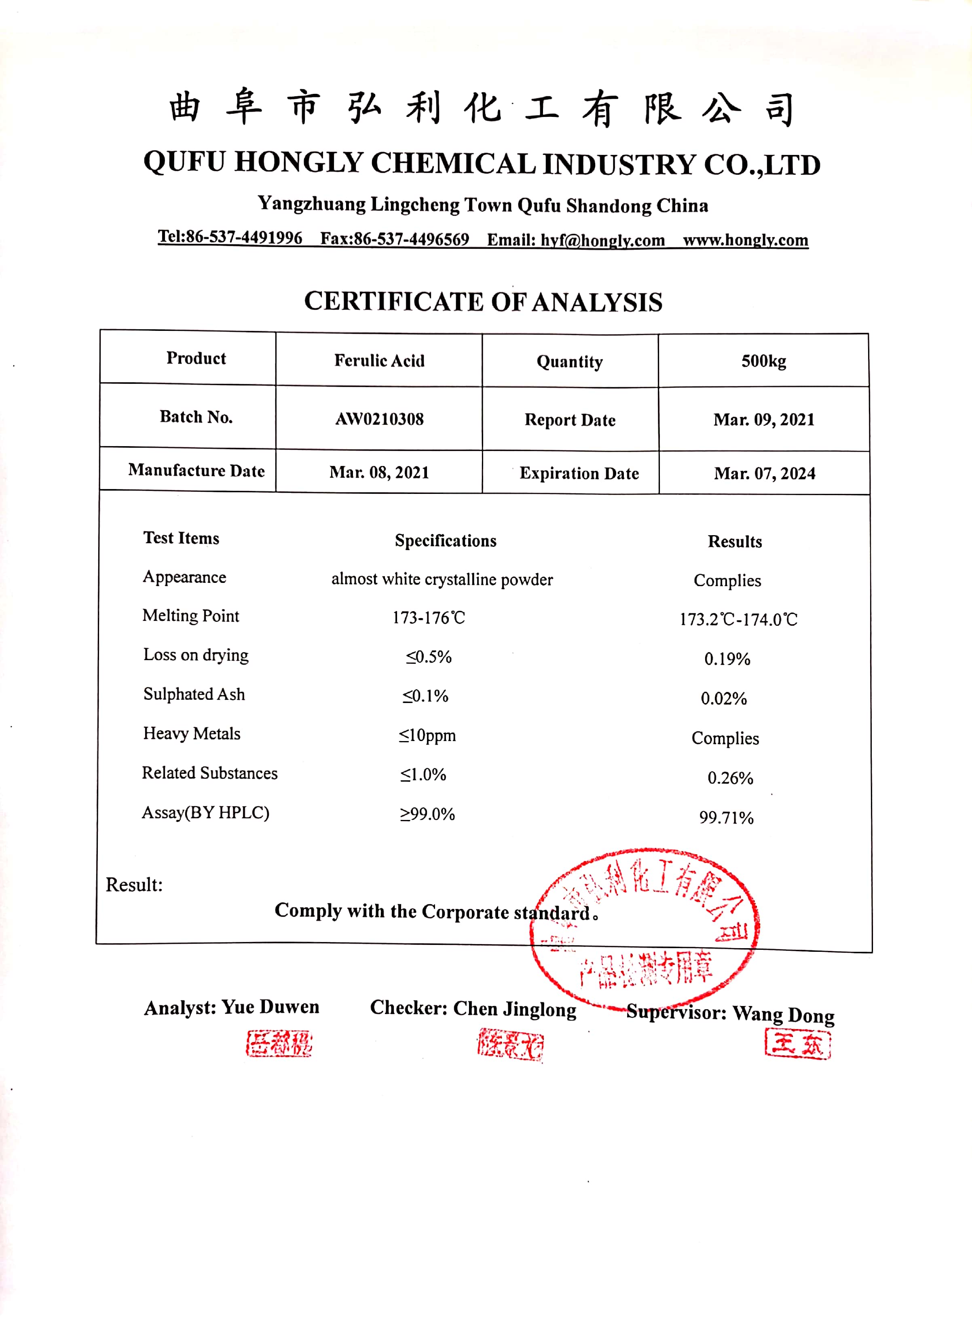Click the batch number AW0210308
coord(380,419)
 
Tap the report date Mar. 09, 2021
coord(764,419)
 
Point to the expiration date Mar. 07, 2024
coord(764,473)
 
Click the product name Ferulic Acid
coord(380,360)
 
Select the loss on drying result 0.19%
coord(727,659)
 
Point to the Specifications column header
coord(446,541)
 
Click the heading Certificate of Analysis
coord(483,302)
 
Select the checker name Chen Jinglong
coord(515,1009)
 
